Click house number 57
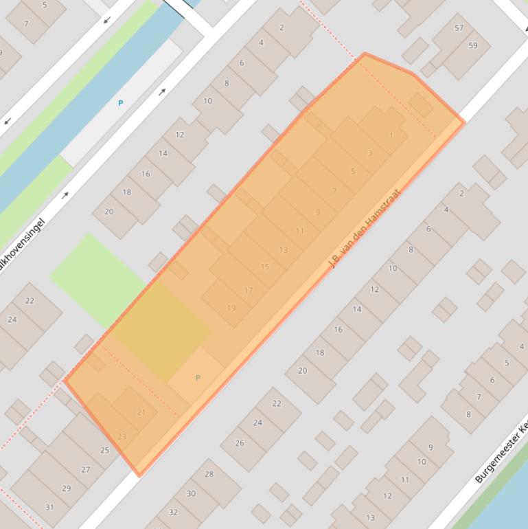459,28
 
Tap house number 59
473,45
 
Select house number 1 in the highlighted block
391,135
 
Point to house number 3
370,153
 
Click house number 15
265,267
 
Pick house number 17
248,291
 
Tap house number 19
231,308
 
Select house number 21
141,412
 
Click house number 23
122,436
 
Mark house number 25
105,451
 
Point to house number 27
86,470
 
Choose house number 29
67,488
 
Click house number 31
49,507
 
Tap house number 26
240,443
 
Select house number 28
209,474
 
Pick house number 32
173,512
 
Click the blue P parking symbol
121,103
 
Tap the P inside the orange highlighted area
198,378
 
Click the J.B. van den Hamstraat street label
364,229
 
